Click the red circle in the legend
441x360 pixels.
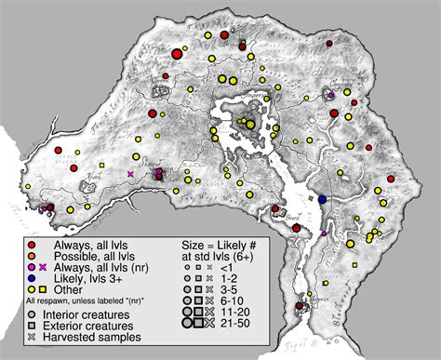(x=31, y=243)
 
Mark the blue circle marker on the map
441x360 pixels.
(x=322, y=200)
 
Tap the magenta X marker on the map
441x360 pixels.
(x=130, y=173)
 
